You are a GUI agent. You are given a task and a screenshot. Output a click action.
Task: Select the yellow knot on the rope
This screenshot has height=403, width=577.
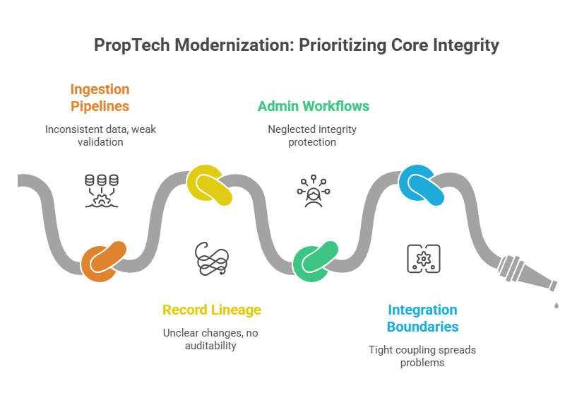tap(210, 185)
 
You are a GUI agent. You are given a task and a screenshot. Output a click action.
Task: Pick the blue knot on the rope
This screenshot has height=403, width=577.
tap(422, 185)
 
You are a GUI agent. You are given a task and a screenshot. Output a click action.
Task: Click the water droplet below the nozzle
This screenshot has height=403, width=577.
tap(556, 305)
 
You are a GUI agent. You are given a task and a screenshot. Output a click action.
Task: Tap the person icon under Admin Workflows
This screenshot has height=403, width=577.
tap(314, 189)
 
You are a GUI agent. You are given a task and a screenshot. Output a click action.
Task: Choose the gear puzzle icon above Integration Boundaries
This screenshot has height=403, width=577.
tap(424, 259)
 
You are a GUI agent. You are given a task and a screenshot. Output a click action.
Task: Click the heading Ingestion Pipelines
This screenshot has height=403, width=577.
tap(100, 98)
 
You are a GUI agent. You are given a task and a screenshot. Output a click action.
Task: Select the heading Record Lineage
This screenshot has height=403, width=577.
tap(212, 310)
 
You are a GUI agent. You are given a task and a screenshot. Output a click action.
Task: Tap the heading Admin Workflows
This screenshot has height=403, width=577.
tap(313, 107)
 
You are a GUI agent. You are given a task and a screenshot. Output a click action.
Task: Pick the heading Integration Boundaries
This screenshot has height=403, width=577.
tap(423, 318)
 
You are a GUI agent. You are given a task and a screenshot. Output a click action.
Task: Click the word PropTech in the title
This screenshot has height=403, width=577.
tap(133, 45)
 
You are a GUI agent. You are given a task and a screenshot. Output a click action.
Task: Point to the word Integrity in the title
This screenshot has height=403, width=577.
tap(461, 45)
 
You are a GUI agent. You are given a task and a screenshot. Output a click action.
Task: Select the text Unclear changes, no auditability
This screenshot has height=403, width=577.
tap(212, 340)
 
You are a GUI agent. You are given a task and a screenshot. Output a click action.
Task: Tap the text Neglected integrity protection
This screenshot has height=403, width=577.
tap(312, 136)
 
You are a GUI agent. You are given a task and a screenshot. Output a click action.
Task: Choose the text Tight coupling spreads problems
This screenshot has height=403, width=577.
tap(423, 356)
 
